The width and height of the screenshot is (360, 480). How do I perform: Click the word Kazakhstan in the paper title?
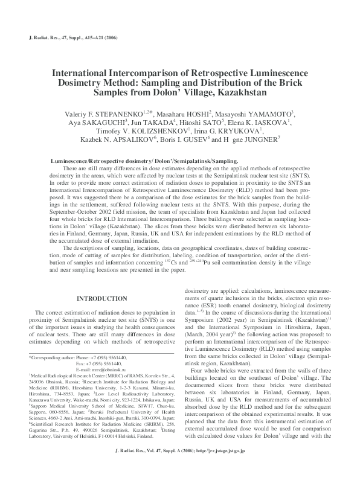coord(238,95)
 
